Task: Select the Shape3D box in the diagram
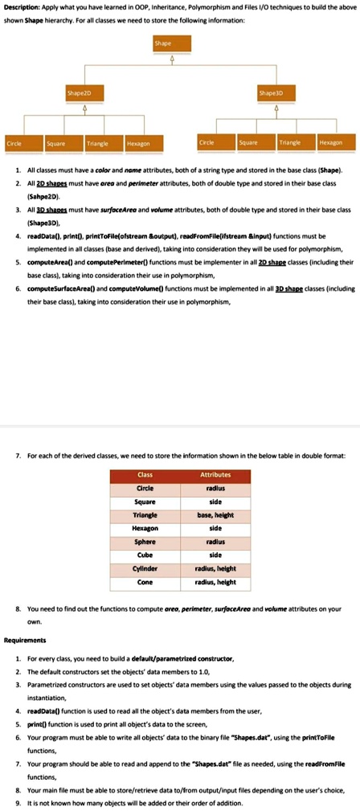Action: (270, 92)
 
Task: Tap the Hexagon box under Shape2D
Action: (137, 143)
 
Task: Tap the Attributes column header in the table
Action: (215, 475)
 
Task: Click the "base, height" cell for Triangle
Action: (215, 514)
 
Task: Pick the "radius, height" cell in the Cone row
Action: (215, 580)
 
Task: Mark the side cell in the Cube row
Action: (215, 554)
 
